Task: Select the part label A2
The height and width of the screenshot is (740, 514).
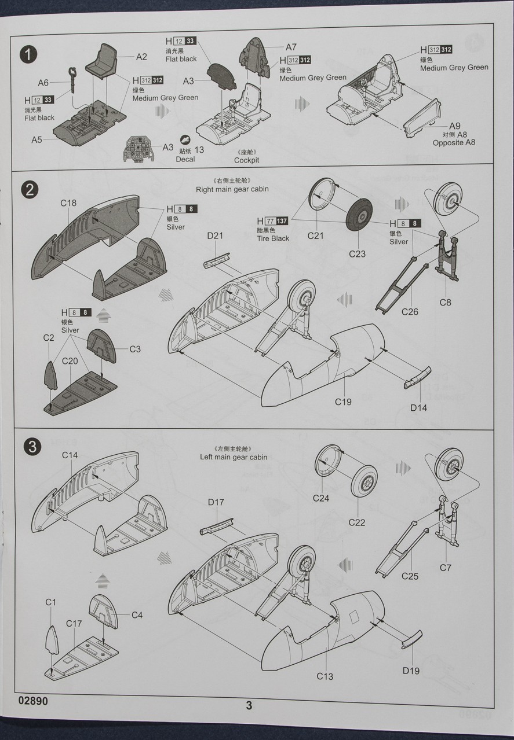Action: [141, 57]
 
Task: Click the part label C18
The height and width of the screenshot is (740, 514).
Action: [68, 203]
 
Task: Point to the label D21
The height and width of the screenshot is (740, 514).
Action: [215, 236]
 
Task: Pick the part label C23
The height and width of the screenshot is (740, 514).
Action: [358, 253]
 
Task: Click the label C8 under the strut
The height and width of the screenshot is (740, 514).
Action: [445, 302]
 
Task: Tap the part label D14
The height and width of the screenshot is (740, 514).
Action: [418, 408]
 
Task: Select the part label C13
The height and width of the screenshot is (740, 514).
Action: [325, 676]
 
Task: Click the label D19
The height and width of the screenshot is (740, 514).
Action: [411, 671]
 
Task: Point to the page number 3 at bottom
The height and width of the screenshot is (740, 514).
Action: [249, 705]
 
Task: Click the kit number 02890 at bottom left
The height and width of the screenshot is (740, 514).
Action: [33, 701]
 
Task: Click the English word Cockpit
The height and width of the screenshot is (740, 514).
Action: [247, 160]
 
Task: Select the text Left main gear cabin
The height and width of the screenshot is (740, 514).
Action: [234, 457]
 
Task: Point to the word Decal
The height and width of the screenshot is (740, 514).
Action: [185, 159]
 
